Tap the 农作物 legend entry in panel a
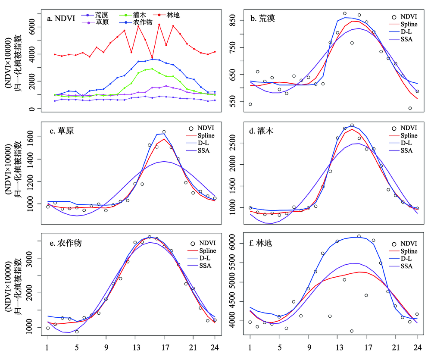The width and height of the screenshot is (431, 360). coord(144,22)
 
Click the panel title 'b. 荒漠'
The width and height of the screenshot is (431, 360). coord(264,18)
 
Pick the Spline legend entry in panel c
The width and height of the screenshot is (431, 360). coord(205,135)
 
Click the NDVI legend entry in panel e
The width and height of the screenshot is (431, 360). coord(205,243)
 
